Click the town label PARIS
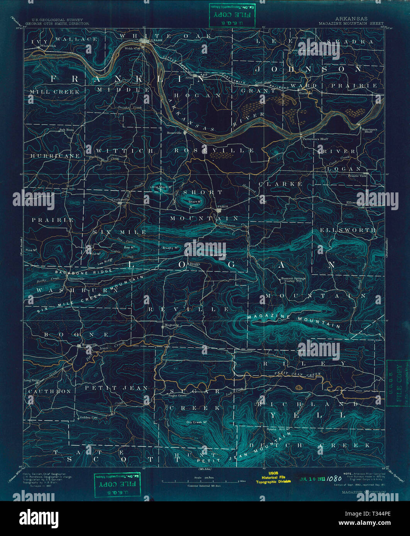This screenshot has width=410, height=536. (223, 207)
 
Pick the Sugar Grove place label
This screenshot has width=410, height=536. (177, 395)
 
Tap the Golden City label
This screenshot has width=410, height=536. (88, 418)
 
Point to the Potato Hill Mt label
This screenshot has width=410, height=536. (278, 429)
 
